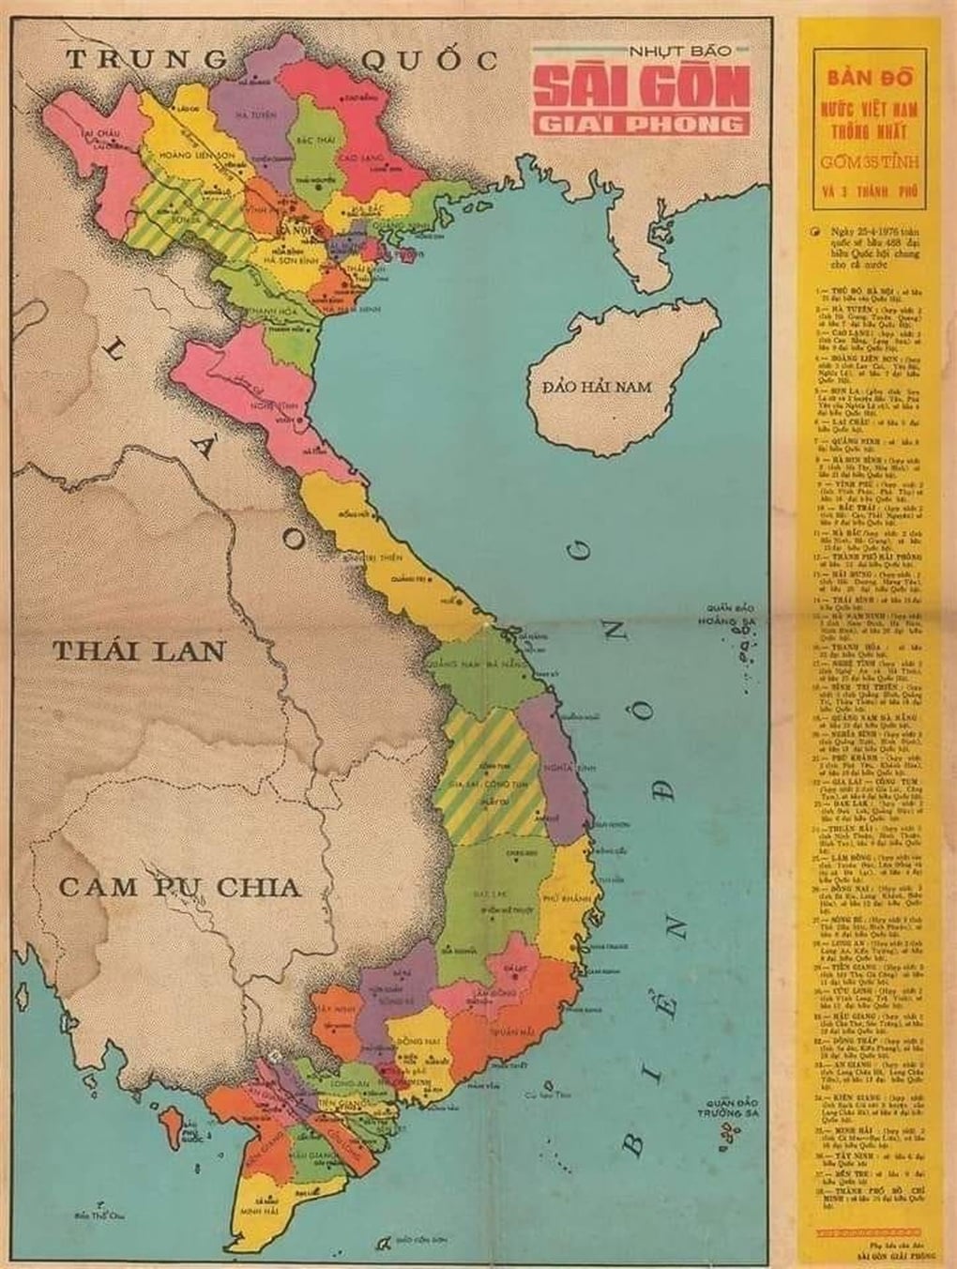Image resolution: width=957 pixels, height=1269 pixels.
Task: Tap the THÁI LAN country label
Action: [139, 650]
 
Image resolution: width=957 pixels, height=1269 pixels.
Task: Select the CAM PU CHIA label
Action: [178, 886]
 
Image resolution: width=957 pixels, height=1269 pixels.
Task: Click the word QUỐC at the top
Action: [428, 61]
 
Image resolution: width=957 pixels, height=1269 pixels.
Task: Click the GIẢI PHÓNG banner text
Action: [642, 124]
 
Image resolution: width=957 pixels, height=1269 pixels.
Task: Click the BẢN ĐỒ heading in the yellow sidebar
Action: [868, 72]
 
